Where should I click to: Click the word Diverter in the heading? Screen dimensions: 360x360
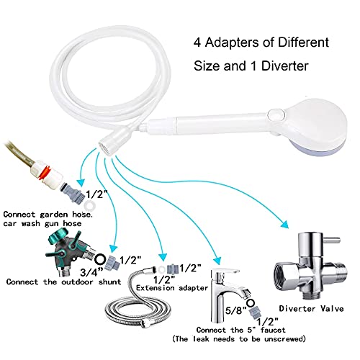tap(285, 66)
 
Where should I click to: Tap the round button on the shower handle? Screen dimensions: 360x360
tap(276, 114)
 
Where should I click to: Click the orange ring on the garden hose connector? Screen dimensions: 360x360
tap(45, 172)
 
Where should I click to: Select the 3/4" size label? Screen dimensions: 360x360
tap(91, 272)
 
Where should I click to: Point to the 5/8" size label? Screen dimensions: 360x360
tap(236, 310)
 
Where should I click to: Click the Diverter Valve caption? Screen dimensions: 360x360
tap(311, 309)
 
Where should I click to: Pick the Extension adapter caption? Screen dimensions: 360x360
tap(172, 288)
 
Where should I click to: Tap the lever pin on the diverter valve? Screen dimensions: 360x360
tap(332, 240)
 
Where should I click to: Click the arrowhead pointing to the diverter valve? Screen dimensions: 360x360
tap(284, 224)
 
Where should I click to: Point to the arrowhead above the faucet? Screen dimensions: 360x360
tap(217, 260)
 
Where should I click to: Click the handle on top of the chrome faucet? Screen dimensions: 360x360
tap(225, 271)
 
